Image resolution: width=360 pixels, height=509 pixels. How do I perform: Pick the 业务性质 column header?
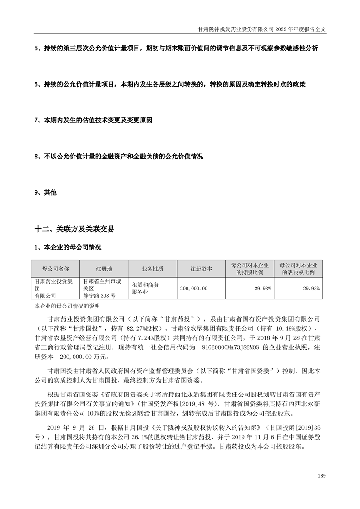point(153,269)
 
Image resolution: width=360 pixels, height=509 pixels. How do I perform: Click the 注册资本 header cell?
point(201,269)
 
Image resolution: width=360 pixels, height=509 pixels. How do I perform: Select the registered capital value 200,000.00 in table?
point(194,288)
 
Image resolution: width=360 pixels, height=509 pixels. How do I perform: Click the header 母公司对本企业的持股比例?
point(250,269)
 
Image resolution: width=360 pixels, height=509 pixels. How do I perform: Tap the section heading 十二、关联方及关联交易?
point(74,230)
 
